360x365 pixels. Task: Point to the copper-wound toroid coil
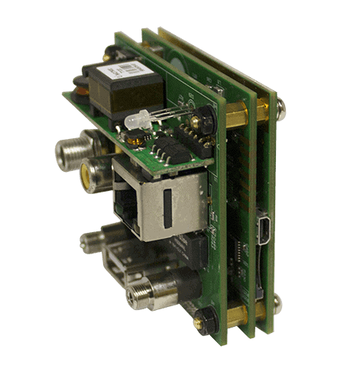(79, 86)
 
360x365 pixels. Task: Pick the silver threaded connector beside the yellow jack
(72, 152)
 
